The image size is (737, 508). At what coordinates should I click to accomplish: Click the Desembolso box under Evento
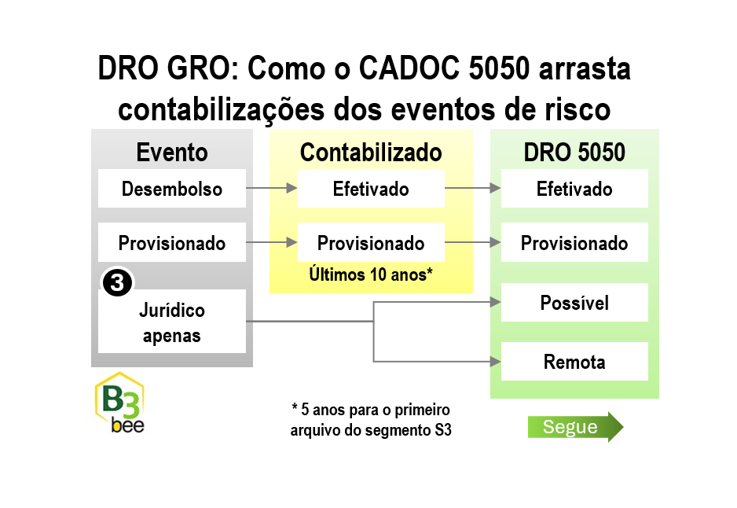click(172, 189)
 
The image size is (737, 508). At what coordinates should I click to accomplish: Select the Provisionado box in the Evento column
click(172, 242)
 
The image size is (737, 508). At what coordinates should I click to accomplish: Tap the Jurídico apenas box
click(172, 322)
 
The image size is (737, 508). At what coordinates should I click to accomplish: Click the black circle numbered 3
click(117, 282)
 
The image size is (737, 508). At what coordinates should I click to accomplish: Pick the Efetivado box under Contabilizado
click(371, 189)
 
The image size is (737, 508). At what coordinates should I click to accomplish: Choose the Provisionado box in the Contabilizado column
click(371, 242)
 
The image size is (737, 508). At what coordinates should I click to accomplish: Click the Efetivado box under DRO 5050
click(574, 189)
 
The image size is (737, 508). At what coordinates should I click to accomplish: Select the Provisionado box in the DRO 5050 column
click(574, 242)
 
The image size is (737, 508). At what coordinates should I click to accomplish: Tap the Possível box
click(574, 303)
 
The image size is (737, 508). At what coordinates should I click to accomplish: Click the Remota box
click(574, 361)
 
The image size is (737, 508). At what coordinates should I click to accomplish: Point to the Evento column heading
click(172, 153)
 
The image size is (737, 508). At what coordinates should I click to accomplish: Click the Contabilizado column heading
click(371, 153)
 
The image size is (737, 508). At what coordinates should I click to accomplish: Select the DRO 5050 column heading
click(574, 153)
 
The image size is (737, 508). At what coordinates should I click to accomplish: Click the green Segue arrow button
click(575, 427)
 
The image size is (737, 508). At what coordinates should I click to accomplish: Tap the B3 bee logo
click(120, 403)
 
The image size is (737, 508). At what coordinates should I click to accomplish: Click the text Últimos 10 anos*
click(371, 274)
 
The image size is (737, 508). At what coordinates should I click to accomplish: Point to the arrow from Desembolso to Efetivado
click(272, 188)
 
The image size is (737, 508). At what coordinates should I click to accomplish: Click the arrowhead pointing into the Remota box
click(496, 362)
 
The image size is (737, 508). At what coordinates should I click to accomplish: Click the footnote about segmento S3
click(371, 420)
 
